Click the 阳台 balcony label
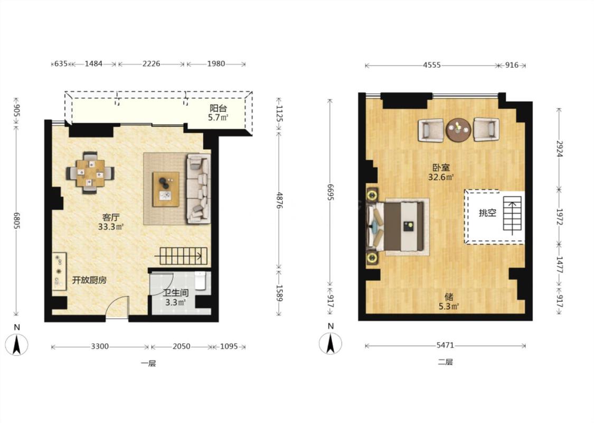pyautogui.click(x=218, y=108)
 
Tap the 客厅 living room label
pyautogui.click(x=111, y=218)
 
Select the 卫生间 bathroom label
pyautogui.click(x=176, y=293)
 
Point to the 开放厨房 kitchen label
pyautogui.click(x=89, y=280)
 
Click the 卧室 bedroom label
pyautogui.click(x=441, y=167)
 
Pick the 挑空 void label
pyautogui.click(x=487, y=213)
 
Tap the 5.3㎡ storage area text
pyautogui.click(x=449, y=306)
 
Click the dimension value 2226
pyautogui.click(x=151, y=64)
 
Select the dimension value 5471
pyautogui.click(x=445, y=345)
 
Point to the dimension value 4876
pyautogui.click(x=279, y=200)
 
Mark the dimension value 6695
pyautogui.click(x=330, y=192)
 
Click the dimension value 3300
pyautogui.click(x=100, y=346)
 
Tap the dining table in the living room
pyautogui.click(x=90, y=173)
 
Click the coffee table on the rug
pyautogui.click(x=166, y=189)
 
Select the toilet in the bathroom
pyautogui.click(x=200, y=281)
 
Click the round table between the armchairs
pyautogui.click(x=458, y=130)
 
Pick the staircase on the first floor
pyautogui.click(x=182, y=256)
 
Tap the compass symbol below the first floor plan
pyautogui.click(x=16, y=344)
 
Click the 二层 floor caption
pyautogui.click(x=445, y=362)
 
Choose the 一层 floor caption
pyautogui.click(x=148, y=363)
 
